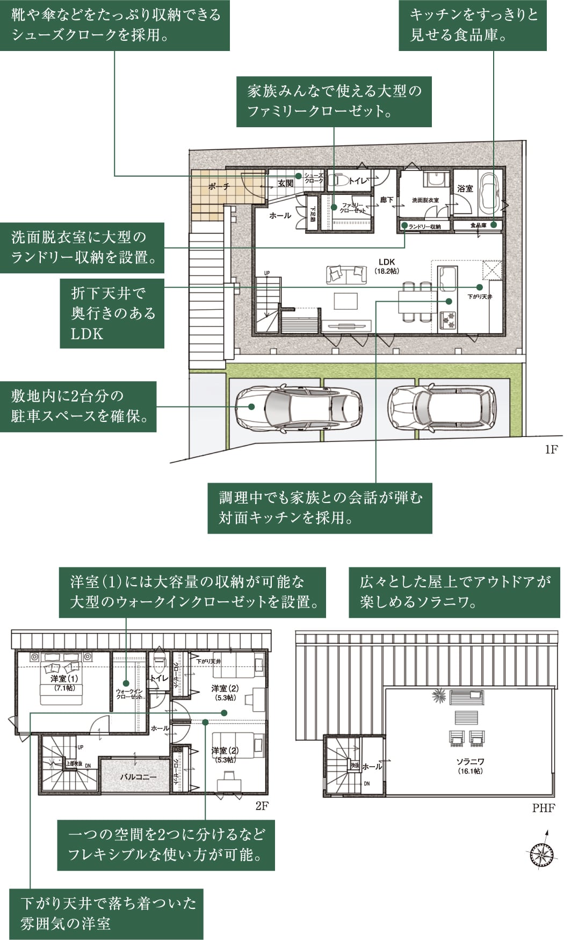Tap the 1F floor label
(x=551, y=449)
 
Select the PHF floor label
(x=544, y=808)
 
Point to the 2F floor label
(x=262, y=806)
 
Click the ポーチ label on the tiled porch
(x=219, y=186)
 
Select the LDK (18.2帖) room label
(x=387, y=266)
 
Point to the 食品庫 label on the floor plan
(x=478, y=225)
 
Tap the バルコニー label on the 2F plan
(x=138, y=776)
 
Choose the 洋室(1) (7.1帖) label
(x=64, y=683)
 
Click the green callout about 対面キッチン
(x=320, y=507)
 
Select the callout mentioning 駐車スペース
(x=78, y=406)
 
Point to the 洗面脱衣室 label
(x=425, y=200)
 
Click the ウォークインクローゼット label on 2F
(x=129, y=694)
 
